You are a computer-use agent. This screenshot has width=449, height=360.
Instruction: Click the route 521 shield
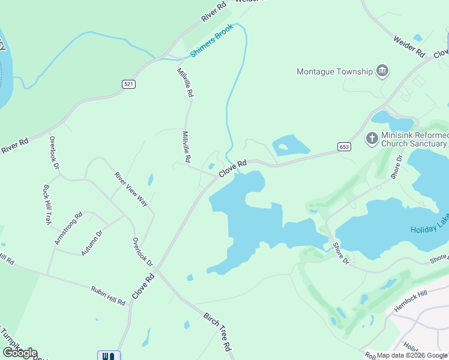(129, 84)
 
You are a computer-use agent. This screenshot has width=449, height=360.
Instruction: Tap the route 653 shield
(344, 146)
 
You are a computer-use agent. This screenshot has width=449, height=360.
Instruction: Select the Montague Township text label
(335, 72)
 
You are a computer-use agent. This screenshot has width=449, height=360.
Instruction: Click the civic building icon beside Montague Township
(382, 72)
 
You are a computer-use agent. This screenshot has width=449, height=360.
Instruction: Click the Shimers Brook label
(211, 45)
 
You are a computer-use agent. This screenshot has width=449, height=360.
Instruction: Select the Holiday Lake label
(429, 230)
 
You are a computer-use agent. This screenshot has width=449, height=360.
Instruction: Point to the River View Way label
(131, 189)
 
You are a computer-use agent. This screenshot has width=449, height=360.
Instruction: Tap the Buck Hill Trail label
(47, 205)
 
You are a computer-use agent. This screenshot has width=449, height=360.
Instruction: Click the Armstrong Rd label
(68, 228)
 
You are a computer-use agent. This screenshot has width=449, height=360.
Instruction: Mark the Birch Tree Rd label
(217, 332)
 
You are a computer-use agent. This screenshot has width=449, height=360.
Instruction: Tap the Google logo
(20, 353)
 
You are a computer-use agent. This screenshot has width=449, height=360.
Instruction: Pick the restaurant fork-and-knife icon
(109, 355)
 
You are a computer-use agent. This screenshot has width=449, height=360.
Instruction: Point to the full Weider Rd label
(409, 45)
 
